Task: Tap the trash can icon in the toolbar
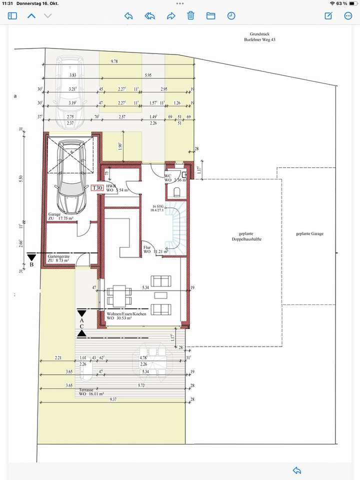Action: [x=190, y=16]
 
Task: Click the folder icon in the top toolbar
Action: [x=210, y=16]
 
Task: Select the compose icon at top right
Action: [x=328, y=16]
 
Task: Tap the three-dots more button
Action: [x=348, y=16]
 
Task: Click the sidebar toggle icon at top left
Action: [x=12, y=16]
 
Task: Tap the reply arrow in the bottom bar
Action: [x=296, y=470]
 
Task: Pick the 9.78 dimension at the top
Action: [x=114, y=61]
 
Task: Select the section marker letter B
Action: [x=31, y=264]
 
